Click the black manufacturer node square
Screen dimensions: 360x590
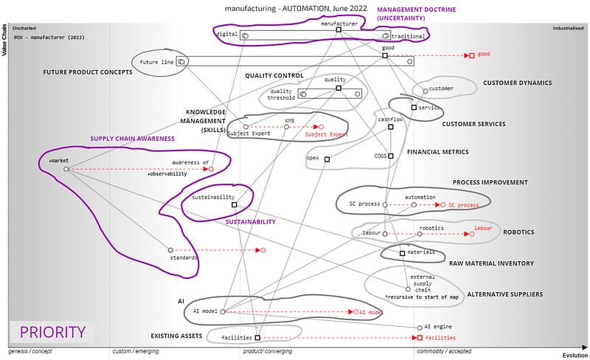338,30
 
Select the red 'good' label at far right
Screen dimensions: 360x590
484,54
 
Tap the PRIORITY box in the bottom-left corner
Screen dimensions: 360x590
52,332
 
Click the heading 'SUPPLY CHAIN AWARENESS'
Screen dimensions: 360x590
132,138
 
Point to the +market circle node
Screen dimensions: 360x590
66,169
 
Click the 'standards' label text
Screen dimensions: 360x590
184,257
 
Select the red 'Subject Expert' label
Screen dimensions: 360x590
326,135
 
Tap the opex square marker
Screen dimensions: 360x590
327,158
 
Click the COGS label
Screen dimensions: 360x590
381,156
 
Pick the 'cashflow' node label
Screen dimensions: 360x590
391,119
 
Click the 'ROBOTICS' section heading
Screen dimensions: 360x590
518,232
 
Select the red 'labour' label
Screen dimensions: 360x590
482,229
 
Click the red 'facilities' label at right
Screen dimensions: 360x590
440,337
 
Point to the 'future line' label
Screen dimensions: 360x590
156,62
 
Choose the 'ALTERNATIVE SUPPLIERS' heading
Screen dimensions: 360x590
505,294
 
